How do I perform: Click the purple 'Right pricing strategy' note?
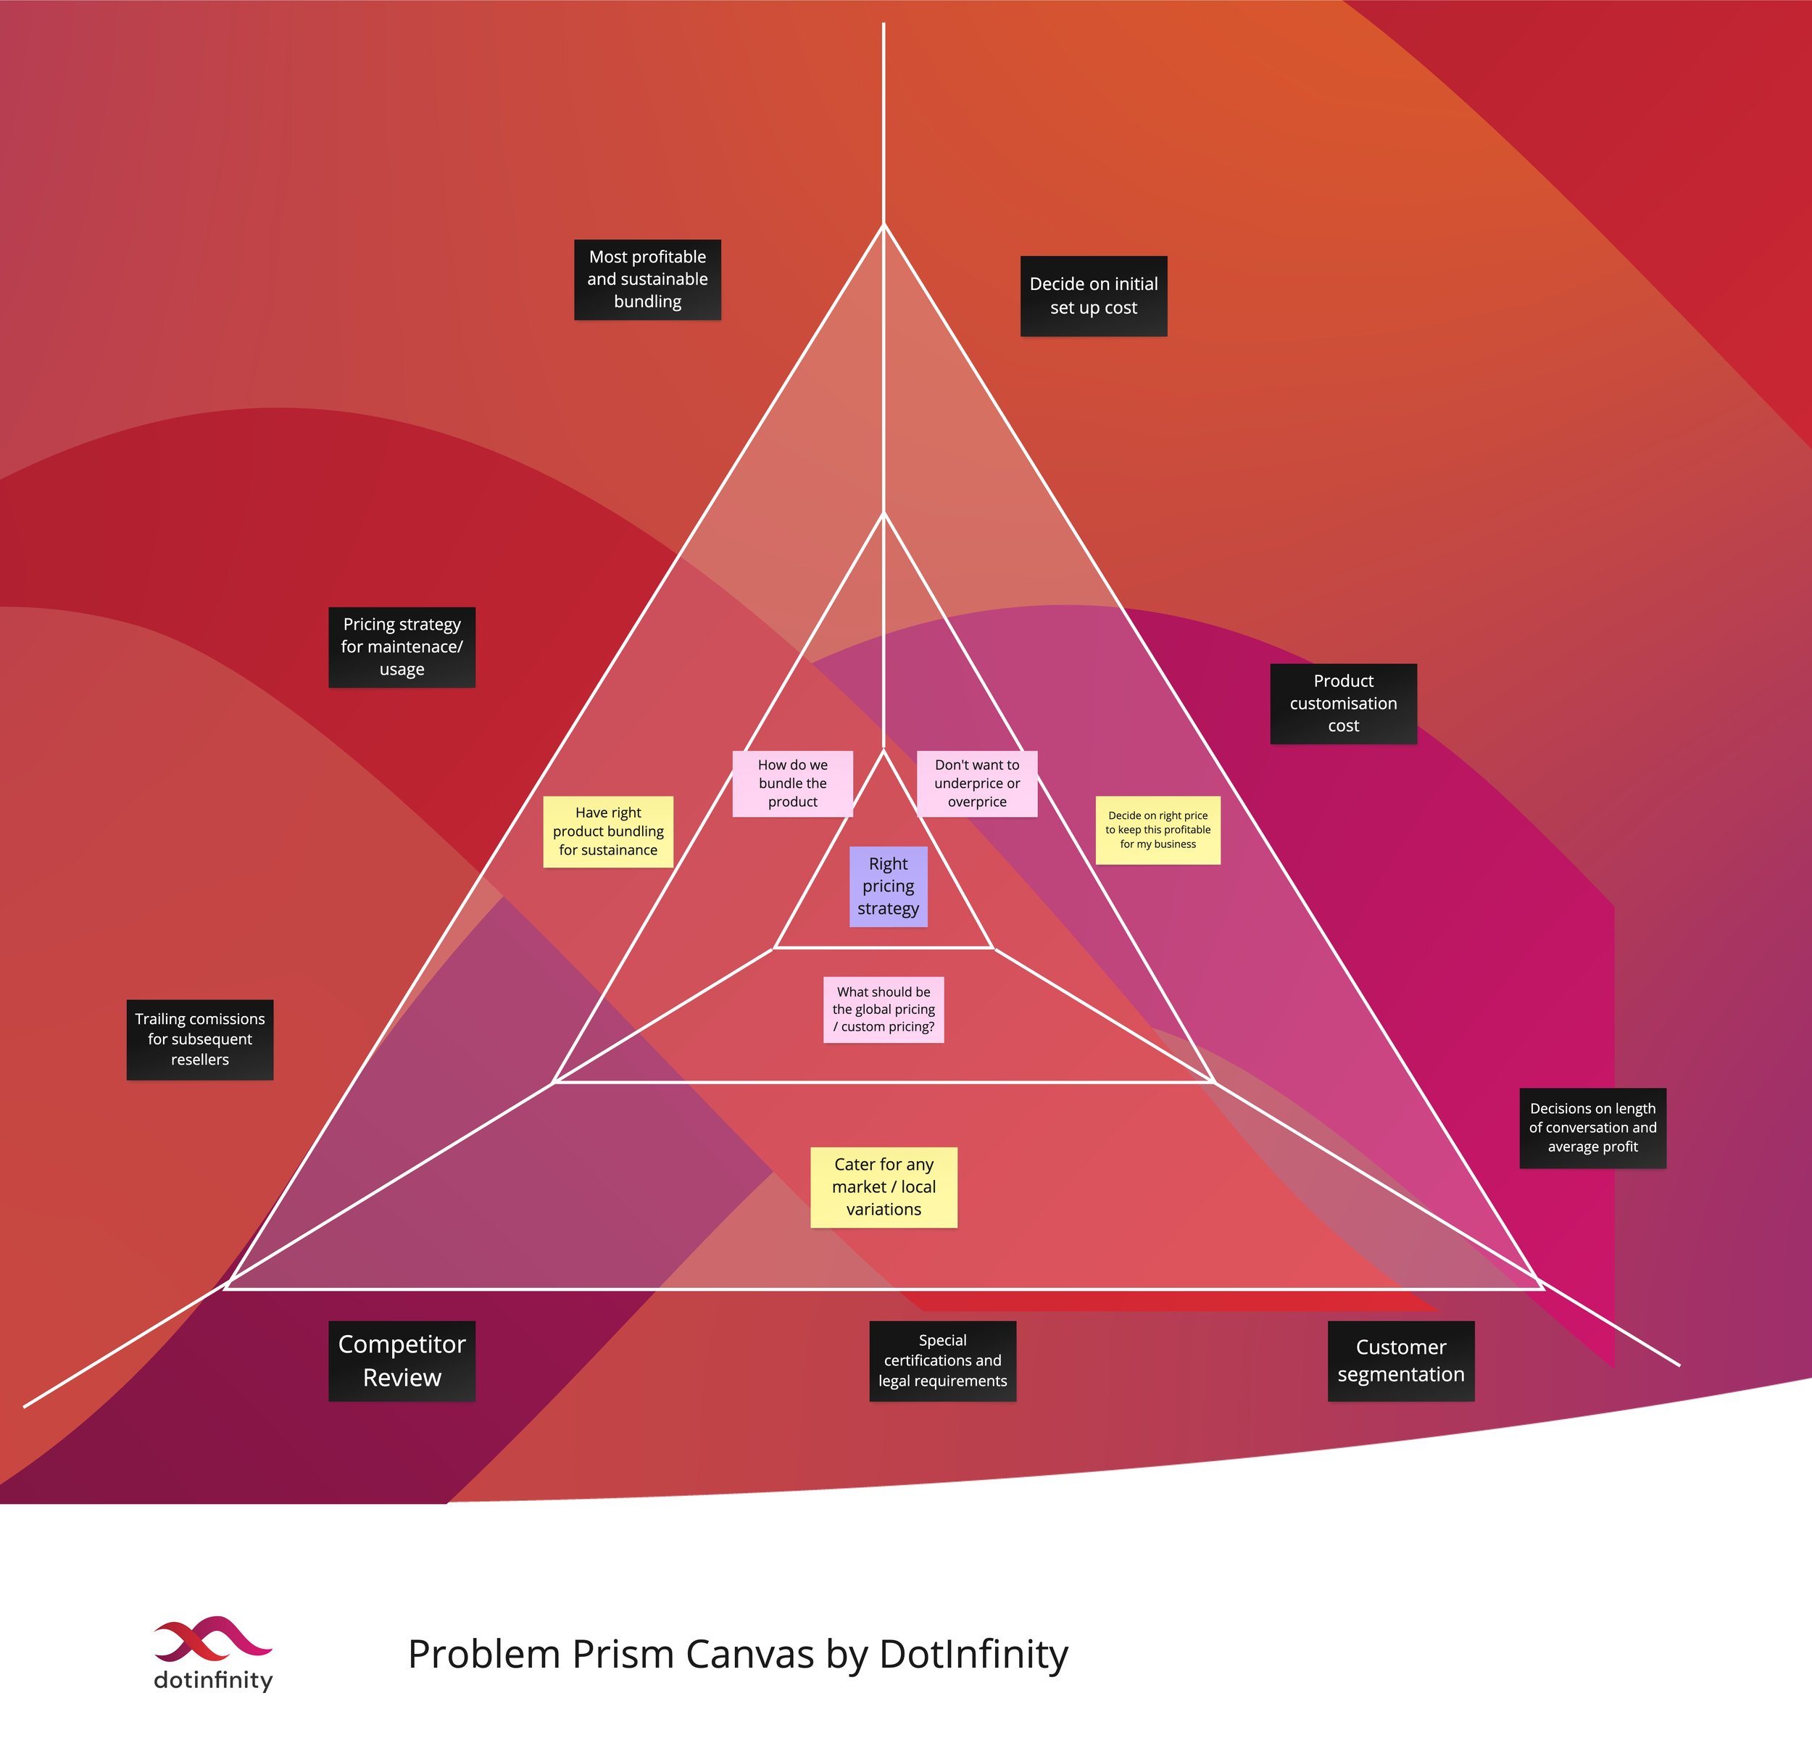pyautogui.click(x=887, y=886)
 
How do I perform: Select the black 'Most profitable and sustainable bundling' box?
pyautogui.click(x=647, y=279)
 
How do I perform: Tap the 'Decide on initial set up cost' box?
pyautogui.click(x=1094, y=296)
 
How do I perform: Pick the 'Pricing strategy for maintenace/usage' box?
pyautogui.click(x=402, y=647)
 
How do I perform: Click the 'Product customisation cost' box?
pyautogui.click(x=1343, y=704)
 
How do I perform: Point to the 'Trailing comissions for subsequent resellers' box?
pyautogui.click(x=200, y=1039)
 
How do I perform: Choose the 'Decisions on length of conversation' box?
pyautogui.click(x=1592, y=1128)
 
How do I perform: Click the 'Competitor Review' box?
pyautogui.click(x=402, y=1360)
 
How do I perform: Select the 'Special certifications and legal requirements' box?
pyautogui.click(x=942, y=1360)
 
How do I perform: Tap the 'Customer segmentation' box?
pyautogui.click(x=1400, y=1360)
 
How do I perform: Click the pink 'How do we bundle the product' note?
pyautogui.click(x=792, y=783)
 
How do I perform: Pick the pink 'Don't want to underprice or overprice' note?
pyautogui.click(x=976, y=783)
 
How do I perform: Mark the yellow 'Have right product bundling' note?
pyautogui.click(x=607, y=831)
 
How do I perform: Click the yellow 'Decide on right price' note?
pyautogui.click(x=1158, y=830)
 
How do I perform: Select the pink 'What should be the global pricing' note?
pyautogui.click(x=883, y=1010)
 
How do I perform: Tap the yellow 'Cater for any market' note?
pyautogui.click(x=883, y=1187)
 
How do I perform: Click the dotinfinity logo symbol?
pyautogui.click(x=212, y=1639)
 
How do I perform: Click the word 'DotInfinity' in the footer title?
pyautogui.click(x=973, y=1655)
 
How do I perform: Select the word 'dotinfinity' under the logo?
pyautogui.click(x=212, y=1679)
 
